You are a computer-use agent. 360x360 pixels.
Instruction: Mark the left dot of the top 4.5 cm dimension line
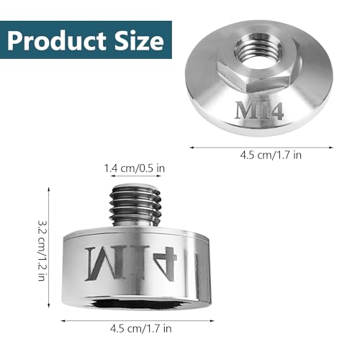[x=190, y=148]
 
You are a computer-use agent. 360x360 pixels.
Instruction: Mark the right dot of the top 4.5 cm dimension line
[x=332, y=148]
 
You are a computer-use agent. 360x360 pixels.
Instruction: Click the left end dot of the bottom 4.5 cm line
[x=60, y=320]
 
